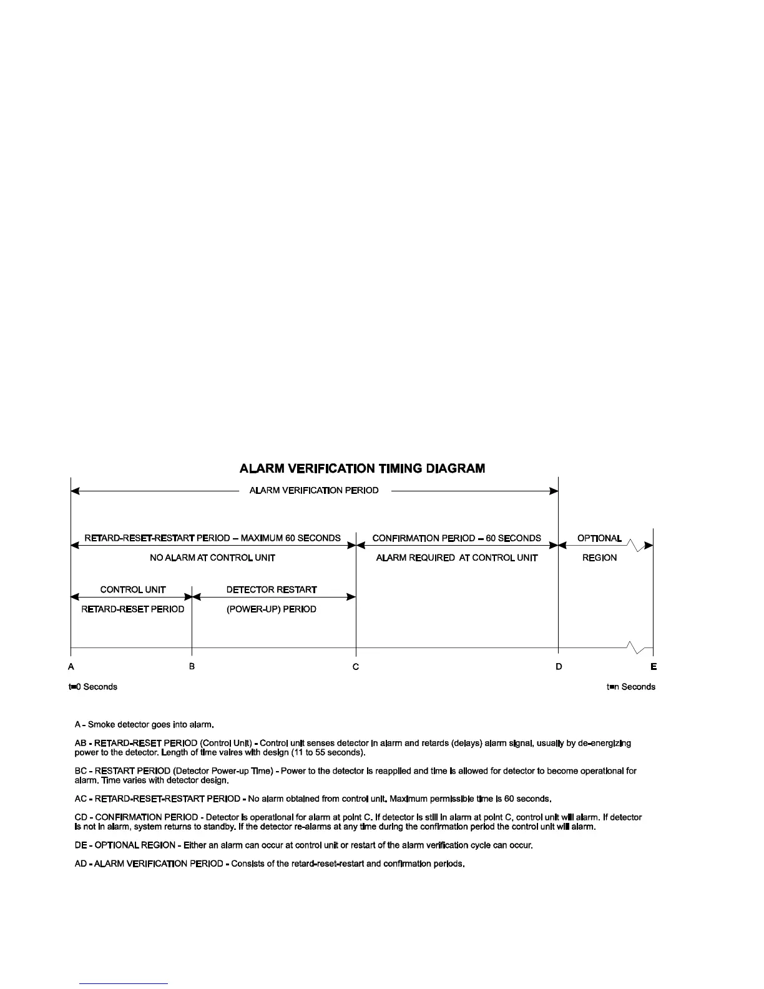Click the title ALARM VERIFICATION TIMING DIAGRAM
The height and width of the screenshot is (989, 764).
(363, 468)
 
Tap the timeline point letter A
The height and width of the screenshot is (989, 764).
(72, 667)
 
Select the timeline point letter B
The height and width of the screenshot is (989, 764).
(192, 666)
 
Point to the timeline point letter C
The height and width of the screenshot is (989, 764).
(356, 667)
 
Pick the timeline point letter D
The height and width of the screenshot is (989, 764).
(559, 667)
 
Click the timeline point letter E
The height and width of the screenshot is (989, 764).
(654, 667)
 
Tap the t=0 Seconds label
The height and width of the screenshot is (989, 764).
(93, 687)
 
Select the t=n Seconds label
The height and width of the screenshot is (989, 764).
(631, 687)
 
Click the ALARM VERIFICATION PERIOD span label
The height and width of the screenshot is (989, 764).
(314, 491)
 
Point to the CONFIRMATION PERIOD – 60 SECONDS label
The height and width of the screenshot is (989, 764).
(456, 538)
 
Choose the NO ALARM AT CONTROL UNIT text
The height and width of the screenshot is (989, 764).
(212, 558)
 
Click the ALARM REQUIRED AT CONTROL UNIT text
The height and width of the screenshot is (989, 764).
(456, 558)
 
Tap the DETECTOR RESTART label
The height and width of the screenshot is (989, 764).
(272, 589)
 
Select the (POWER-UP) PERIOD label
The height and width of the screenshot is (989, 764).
(272, 609)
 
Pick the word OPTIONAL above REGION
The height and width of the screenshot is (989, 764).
(599, 538)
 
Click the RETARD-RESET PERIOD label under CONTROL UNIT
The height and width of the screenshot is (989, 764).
(133, 609)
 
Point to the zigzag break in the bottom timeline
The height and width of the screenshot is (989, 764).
(636, 648)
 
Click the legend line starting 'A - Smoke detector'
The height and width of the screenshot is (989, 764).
(145, 725)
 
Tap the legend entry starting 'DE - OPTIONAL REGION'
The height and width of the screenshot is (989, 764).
(303, 845)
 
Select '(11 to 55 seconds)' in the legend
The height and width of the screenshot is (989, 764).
(330, 753)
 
